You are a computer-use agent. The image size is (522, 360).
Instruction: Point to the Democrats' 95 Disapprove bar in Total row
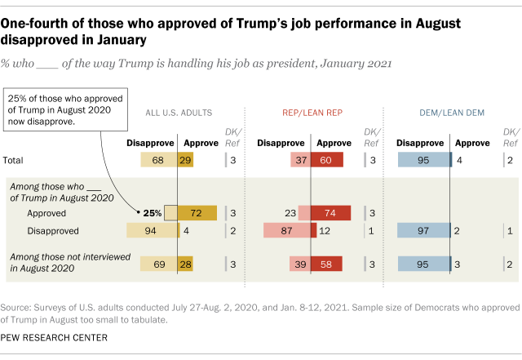point(423,159)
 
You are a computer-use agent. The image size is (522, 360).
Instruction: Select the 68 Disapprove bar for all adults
point(158,159)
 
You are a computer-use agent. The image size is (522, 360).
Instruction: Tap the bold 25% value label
point(152,212)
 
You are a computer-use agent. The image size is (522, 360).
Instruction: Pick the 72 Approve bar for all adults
point(197,212)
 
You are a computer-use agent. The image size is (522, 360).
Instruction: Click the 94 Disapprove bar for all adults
point(148,231)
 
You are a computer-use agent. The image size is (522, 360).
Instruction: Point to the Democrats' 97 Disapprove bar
point(423,231)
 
